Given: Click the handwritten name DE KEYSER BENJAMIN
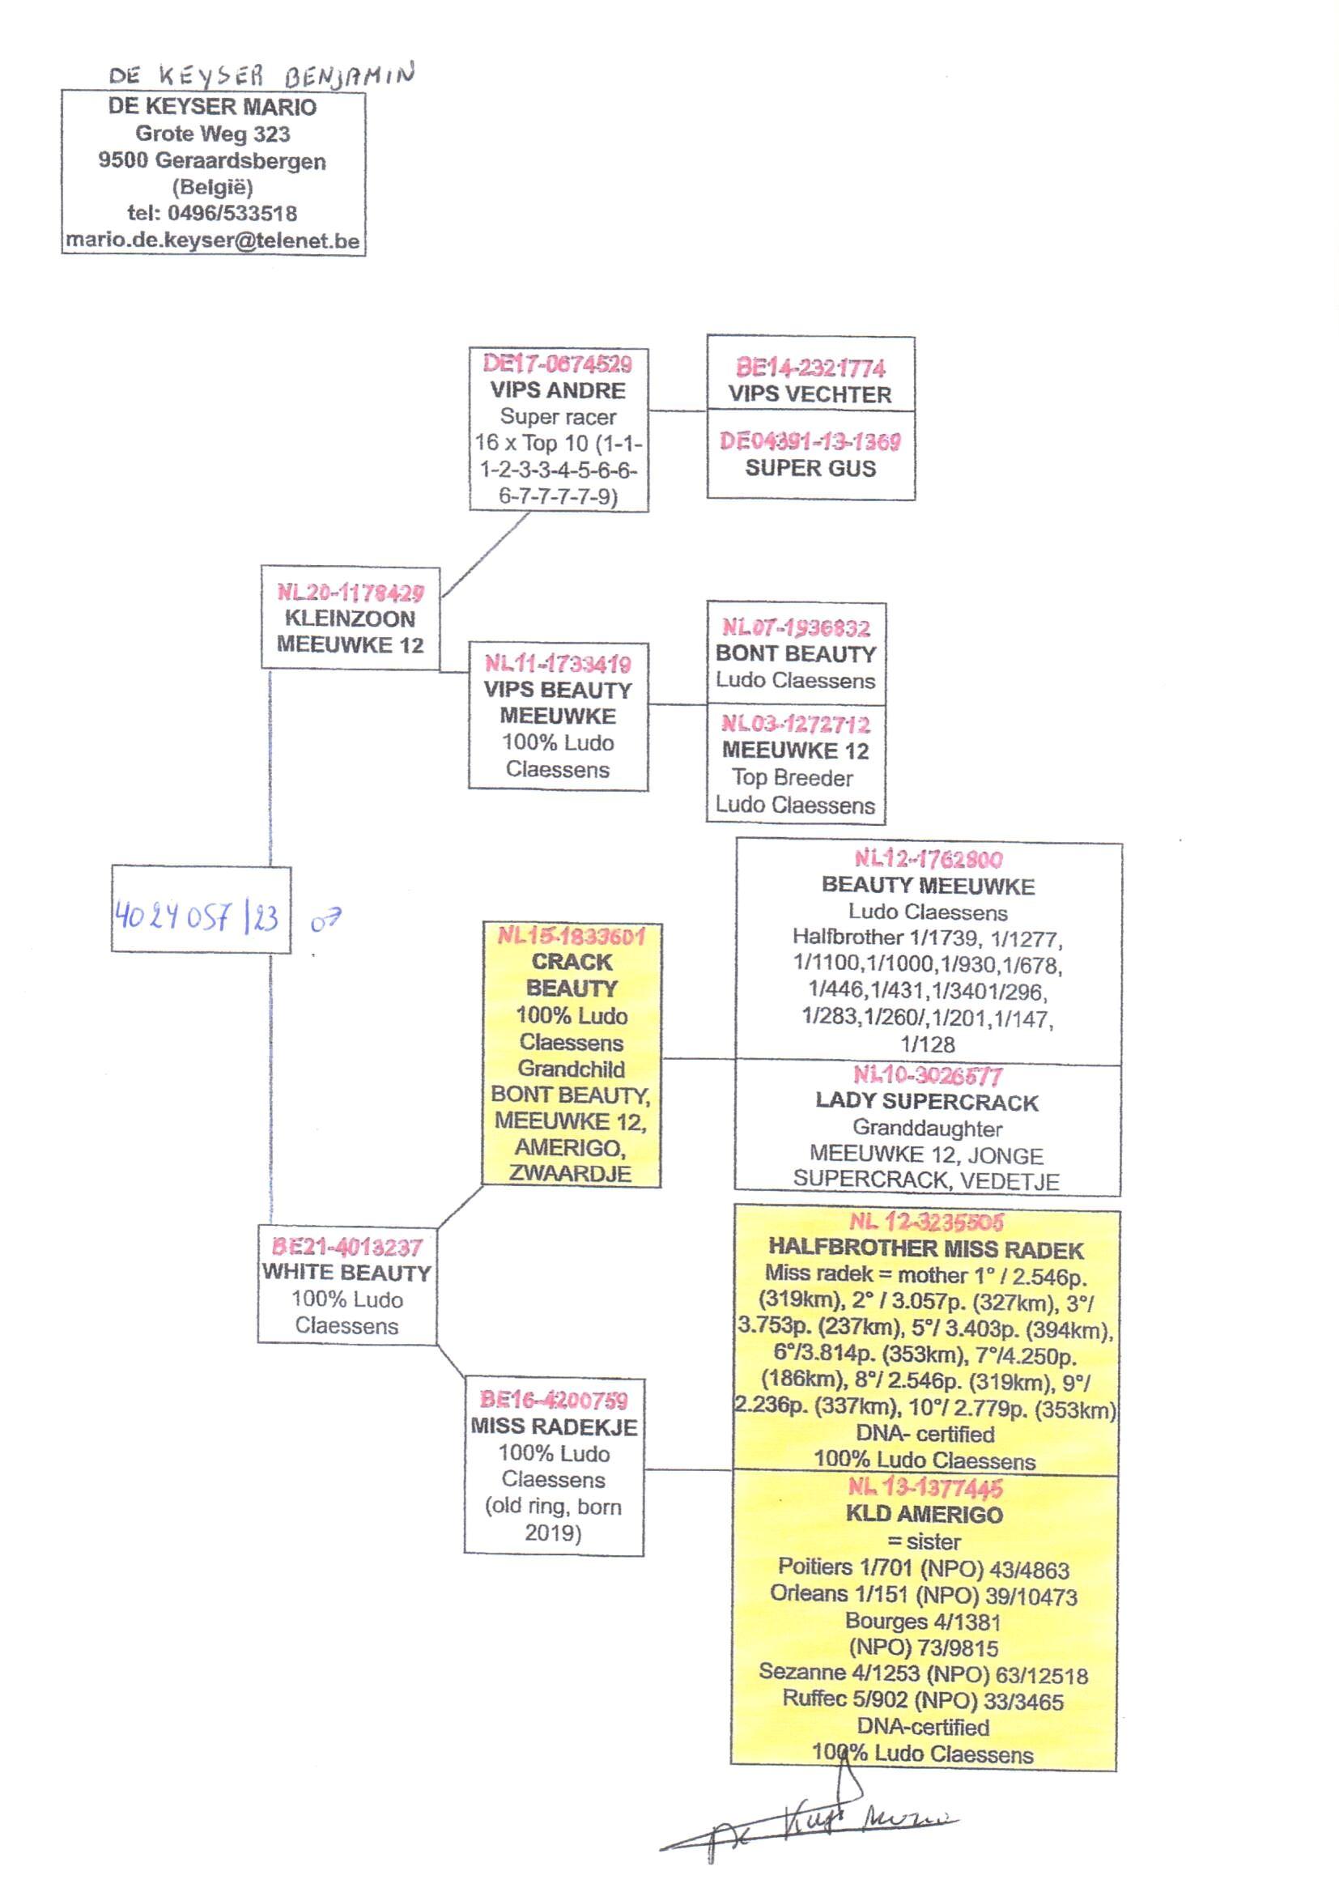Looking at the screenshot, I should pyautogui.click(x=261, y=76).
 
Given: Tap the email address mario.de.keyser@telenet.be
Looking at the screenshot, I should pyautogui.click(x=213, y=240).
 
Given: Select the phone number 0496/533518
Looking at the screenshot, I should pyautogui.click(x=232, y=214).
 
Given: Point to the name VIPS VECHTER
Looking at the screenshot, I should pyautogui.click(x=810, y=395).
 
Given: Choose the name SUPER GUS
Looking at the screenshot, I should pyautogui.click(x=810, y=468).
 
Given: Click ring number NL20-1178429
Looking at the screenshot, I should pyautogui.click(x=351, y=592).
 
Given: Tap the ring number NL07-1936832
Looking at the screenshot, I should pyautogui.click(x=796, y=627).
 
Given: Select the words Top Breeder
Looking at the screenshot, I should pyautogui.click(x=792, y=777).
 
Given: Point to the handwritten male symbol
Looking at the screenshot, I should pyautogui.click(x=325, y=920).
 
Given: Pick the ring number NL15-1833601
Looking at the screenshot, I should pyautogui.click(x=572, y=936).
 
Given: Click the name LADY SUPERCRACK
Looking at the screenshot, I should pyautogui.click(x=927, y=1102).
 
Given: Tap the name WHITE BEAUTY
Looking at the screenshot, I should pyautogui.click(x=346, y=1273).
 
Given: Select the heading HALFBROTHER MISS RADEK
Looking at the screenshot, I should pyautogui.click(x=926, y=1250).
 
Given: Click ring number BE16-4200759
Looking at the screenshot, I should pyautogui.click(x=554, y=1400).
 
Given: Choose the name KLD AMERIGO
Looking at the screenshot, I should pyautogui.click(x=925, y=1515).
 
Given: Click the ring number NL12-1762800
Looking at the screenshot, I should pyautogui.click(x=929, y=859).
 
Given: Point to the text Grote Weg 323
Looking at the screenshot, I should pyautogui.click(x=213, y=134).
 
